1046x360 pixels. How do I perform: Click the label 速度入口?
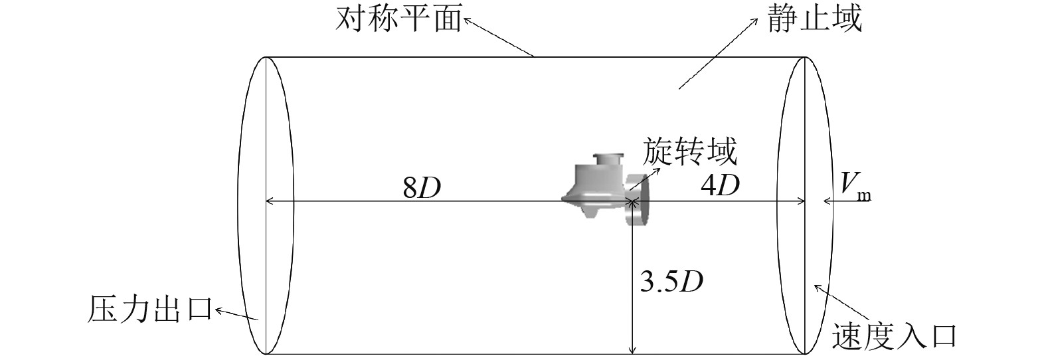tap(893, 337)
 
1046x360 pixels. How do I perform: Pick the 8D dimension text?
tap(422, 189)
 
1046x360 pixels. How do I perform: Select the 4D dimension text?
tap(720, 186)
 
